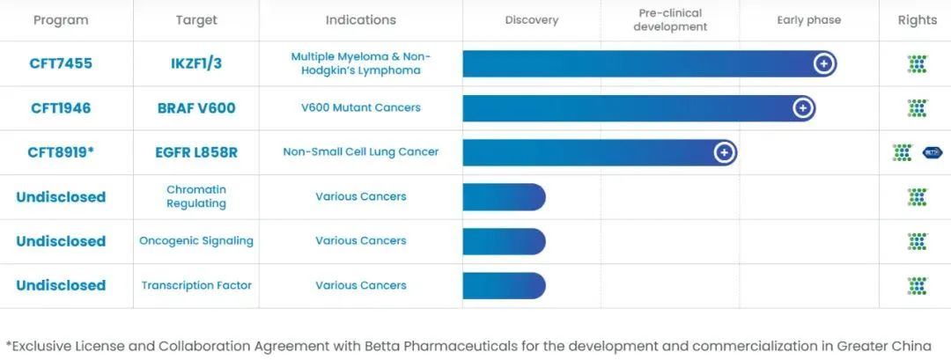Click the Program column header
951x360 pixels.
click(61, 20)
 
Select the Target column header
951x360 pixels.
click(196, 20)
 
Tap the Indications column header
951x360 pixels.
click(361, 20)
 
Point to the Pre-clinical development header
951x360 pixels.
click(671, 20)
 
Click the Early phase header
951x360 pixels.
click(808, 20)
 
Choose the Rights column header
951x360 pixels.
click(917, 20)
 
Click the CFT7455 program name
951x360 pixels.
click(61, 63)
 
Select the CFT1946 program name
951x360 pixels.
click(61, 108)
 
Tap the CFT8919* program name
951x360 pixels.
click(61, 152)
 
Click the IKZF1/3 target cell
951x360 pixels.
click(196, 63)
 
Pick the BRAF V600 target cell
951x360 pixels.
click(196, 108)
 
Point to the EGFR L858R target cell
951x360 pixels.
click(196, 152)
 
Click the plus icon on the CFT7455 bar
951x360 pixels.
click(823, 63)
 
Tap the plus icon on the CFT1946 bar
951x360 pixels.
click(803, 108)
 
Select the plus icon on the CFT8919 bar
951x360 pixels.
click(724, 152)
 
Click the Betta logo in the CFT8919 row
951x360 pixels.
click(932, 152)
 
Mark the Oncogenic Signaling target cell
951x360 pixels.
click(196, 240)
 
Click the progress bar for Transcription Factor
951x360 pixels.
click(504, 285)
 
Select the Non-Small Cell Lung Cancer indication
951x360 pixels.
click(361, 152)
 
